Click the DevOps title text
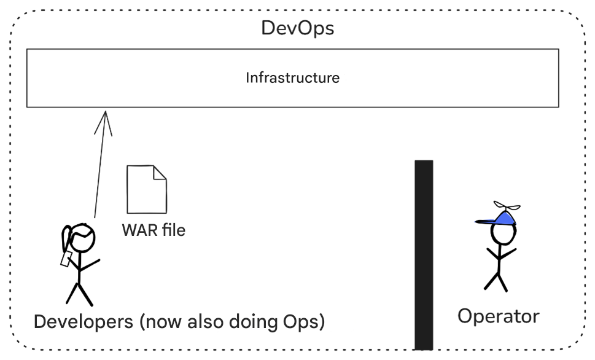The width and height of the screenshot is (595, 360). tap(298, 28)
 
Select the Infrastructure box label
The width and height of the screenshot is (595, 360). tap(292, 78)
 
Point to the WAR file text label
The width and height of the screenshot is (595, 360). tap(154, 230)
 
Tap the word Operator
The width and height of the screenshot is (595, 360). tap(498, 316)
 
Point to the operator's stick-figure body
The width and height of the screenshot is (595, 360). tap(497, 261)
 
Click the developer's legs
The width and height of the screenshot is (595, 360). tap(79, 294)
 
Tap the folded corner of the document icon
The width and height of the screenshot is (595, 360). tap(159, 172)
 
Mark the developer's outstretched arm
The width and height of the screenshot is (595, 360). tap(90, 265)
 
